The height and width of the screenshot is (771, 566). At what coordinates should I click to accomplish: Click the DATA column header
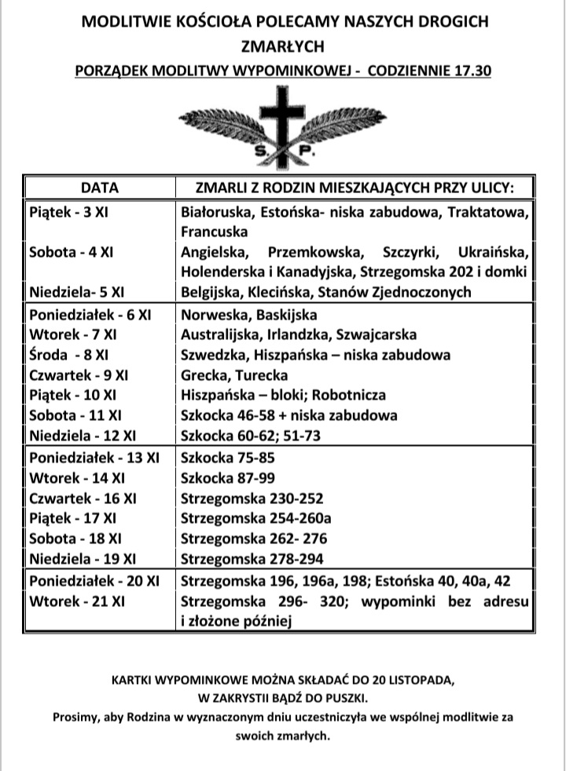tap(100, 188)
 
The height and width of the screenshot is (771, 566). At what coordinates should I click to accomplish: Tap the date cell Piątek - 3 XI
tap(68, 212)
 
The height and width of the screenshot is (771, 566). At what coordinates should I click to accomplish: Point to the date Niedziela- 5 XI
tap(77, 293)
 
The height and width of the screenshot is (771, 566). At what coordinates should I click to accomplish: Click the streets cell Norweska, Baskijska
tap(248, 315)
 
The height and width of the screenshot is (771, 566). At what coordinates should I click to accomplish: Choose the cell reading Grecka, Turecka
tap(234, 375)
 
